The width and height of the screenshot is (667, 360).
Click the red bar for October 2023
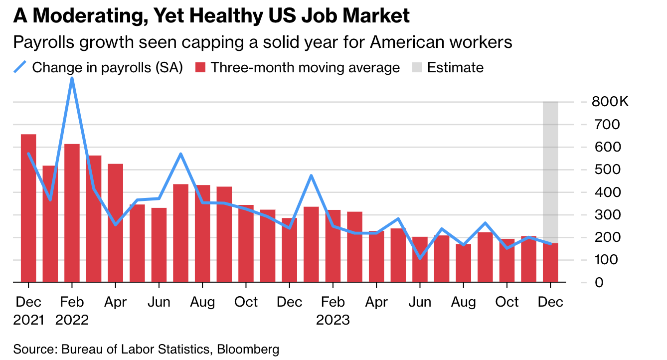coord(507,264)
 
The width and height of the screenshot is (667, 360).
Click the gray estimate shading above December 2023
coord(550,165)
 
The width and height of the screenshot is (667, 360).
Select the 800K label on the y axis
coord(611,102)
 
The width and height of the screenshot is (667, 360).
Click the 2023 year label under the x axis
coord(333,319)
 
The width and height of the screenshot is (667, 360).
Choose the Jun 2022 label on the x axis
coord(159,302)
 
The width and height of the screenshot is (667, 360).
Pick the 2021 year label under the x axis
coord(29,319)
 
